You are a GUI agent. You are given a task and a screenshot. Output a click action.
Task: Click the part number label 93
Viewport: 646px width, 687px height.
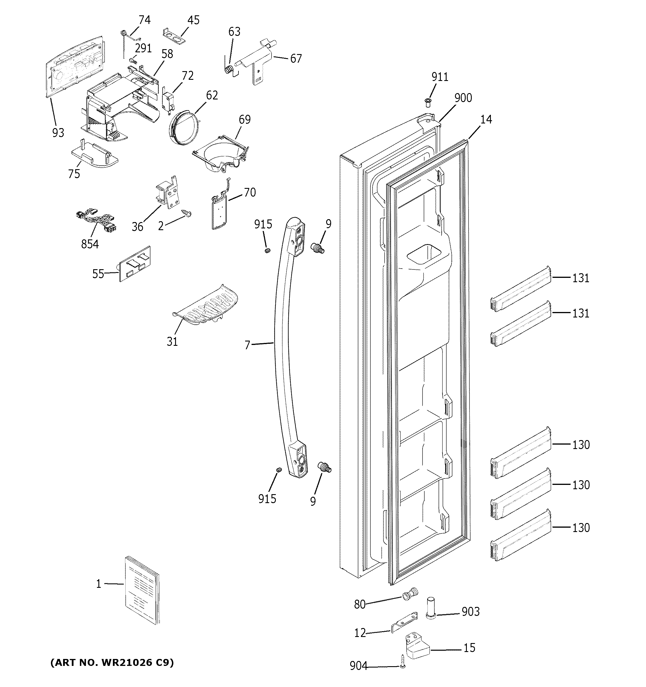(x=58, y=132)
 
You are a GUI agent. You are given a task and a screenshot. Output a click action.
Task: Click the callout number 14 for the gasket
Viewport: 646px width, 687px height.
(x=486, y=119)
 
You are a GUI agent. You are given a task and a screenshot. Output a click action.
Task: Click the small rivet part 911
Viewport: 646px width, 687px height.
(x=428, y=102)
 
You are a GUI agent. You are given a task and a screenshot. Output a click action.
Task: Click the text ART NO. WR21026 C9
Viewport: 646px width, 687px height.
(x=112, y=663)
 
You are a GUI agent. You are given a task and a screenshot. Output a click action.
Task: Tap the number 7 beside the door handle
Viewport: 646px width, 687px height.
(x=247, y=345)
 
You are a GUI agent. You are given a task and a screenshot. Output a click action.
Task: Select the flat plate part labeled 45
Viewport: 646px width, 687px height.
(x=174, y=36)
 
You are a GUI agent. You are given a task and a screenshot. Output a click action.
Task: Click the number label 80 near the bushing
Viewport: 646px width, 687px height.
(x=360, y=604)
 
